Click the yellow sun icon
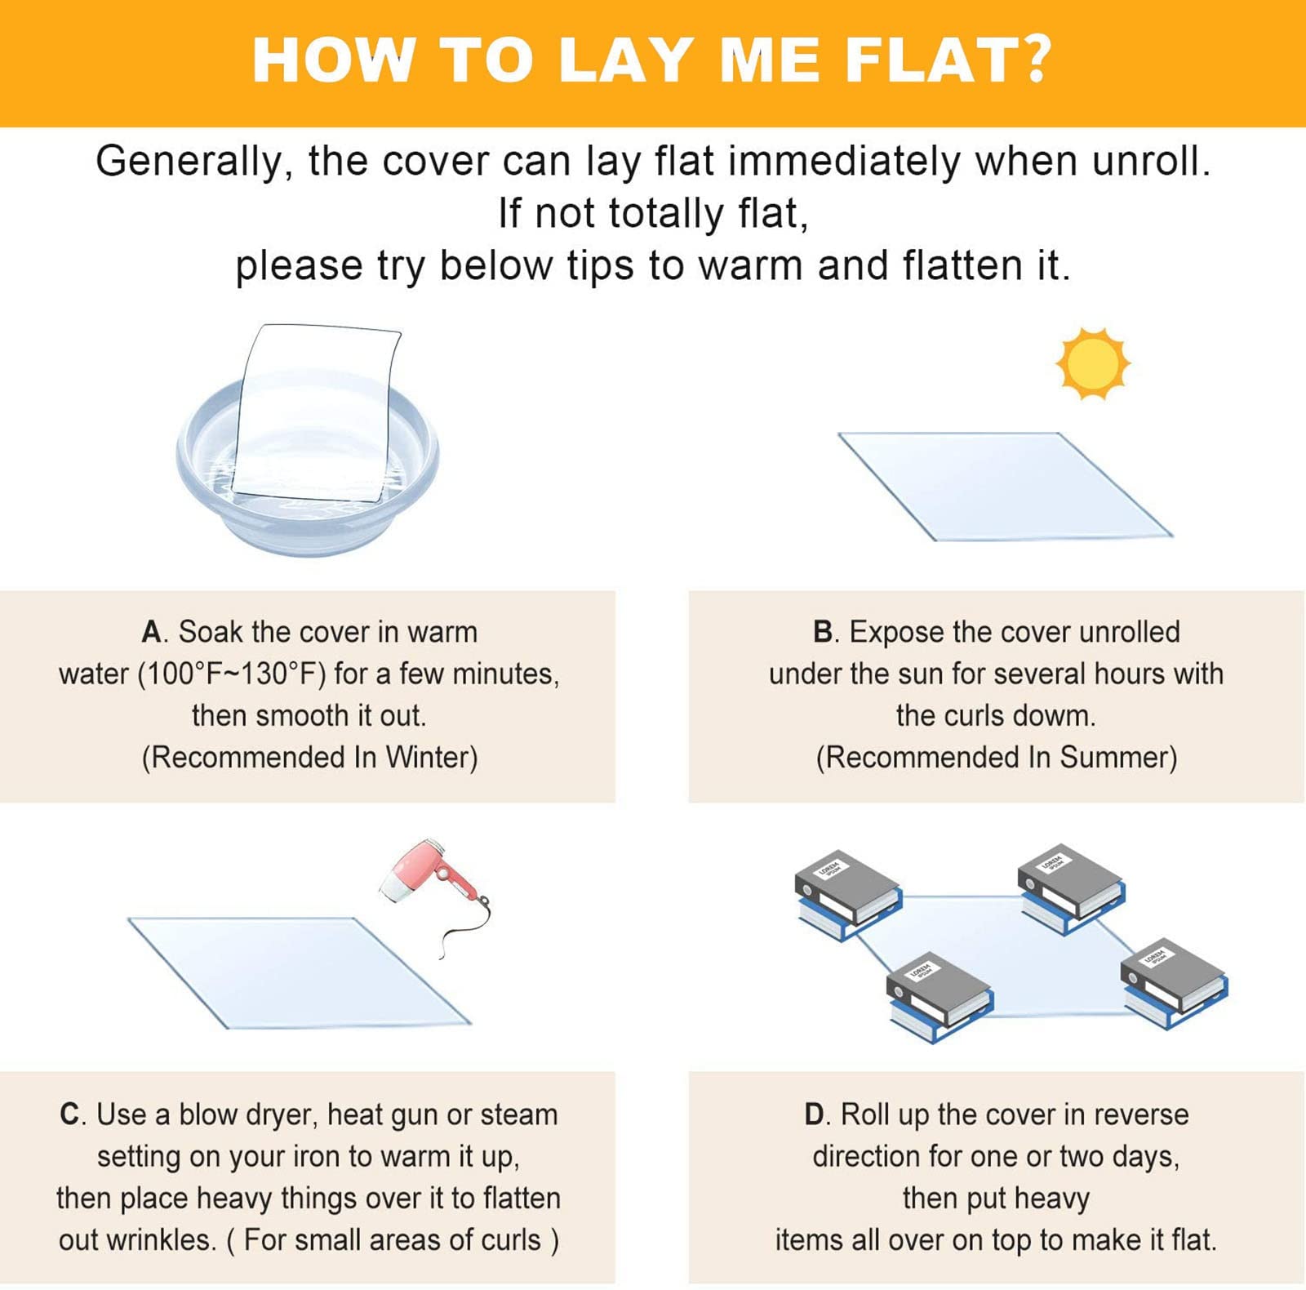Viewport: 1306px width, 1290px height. click(x=1092, y=364)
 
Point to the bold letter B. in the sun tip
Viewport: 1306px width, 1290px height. click(x=825, y=632)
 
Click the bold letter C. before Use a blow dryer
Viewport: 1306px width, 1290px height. click(x=72, y=1114)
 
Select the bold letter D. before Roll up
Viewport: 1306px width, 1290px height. click(x=816, y=1114)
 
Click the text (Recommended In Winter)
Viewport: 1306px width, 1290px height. click(x=309, y=757)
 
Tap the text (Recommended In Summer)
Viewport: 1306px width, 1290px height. click(x=996, y=757)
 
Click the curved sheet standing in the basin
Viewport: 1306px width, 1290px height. click(x=318, y=408)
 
